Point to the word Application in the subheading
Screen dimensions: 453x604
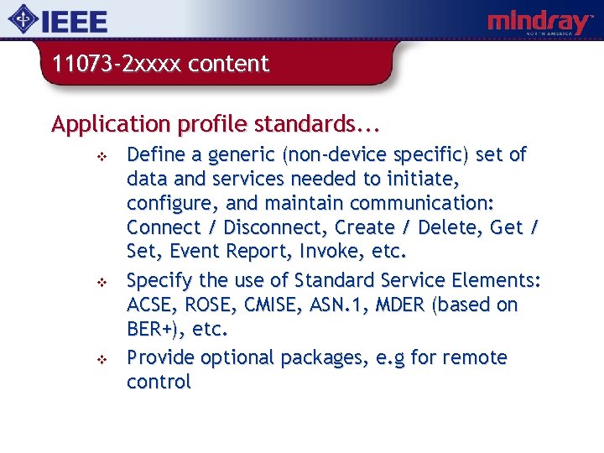[x=111, y=125]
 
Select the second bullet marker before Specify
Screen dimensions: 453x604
[x=99, y=282]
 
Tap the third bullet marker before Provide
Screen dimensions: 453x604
[x=99, y=359]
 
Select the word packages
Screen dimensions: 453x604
[x=315, y=357]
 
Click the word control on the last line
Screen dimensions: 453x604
[x=159, y=382]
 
